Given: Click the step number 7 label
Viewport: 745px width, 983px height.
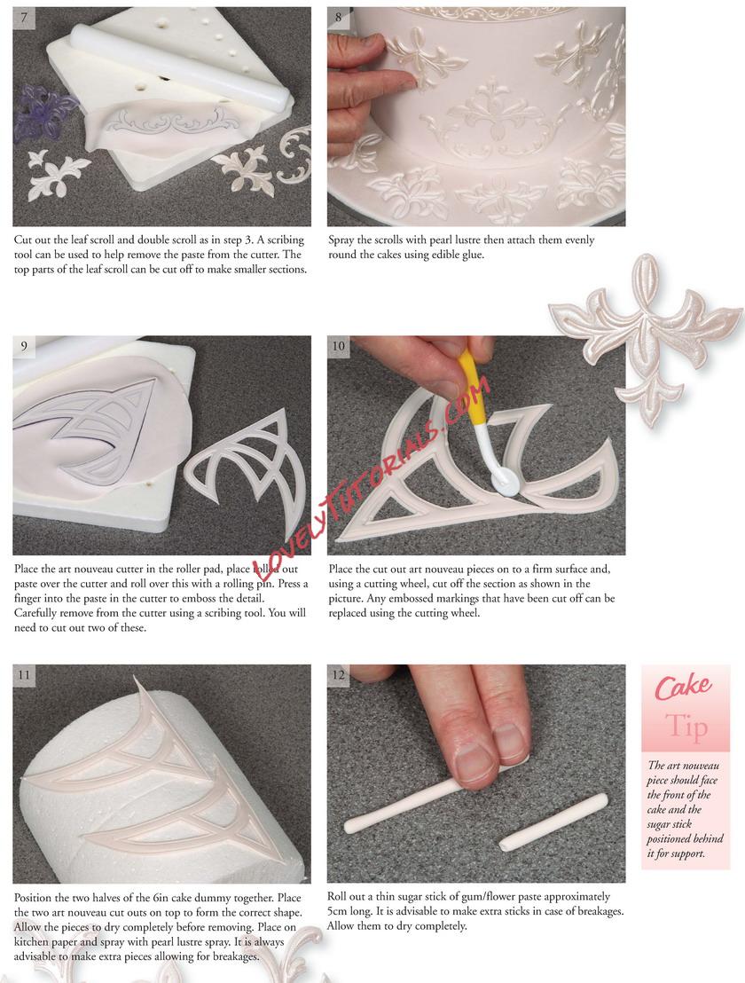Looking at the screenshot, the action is pyautogui.click(x=24, y=17).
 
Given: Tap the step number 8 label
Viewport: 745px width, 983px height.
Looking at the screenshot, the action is pyautogui.click(x=338, y=17).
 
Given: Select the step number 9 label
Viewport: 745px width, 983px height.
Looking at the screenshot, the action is pyautogui.click(x=24, y=346).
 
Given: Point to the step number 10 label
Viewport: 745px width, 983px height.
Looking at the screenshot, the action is pyautogui.click(x=338, y=346).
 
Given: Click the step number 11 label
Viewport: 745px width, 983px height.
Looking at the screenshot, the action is pyautogui.click(x=24, y=674).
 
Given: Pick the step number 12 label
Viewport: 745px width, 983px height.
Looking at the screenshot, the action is pyautogui.click(x=338, y=674).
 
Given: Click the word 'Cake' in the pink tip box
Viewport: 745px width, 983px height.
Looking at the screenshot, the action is pyautogui.click(x=684, y=687).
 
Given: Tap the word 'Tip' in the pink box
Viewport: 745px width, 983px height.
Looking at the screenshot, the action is pyautogui.click(x=686, y=726).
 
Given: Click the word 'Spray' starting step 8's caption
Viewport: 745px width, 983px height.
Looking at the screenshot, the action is pyautogui.click(x=341, y=240).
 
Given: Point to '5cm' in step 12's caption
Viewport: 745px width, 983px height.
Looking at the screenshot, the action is pyautogui.click(x=339, y=911).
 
